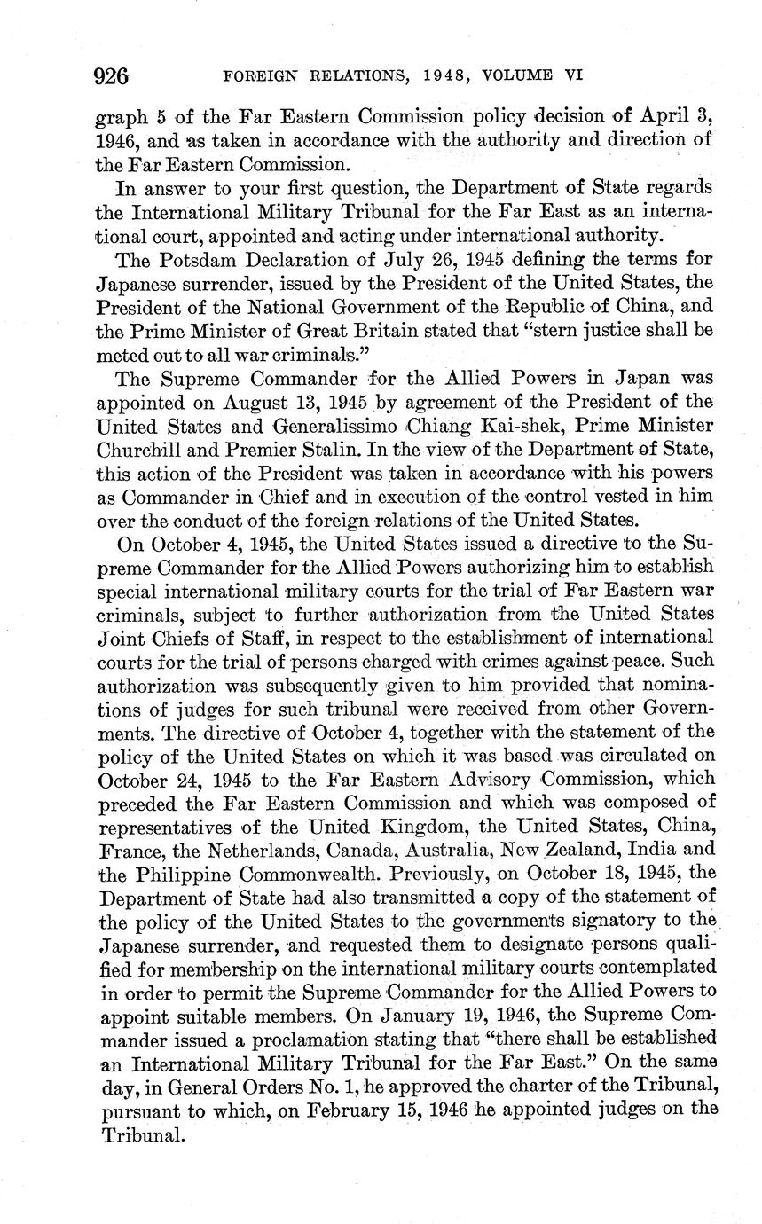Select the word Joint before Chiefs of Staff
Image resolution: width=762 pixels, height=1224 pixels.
coord(118,638)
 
